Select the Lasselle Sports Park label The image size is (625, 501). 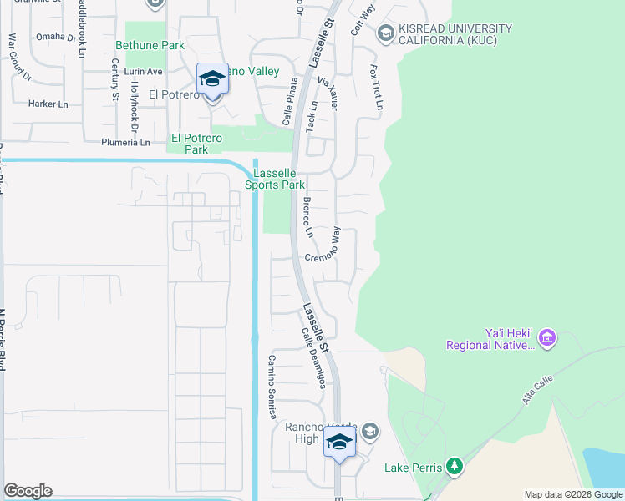click(279, 179)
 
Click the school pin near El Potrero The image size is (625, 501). click(212, 81)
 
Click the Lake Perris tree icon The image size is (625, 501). click(454, 467)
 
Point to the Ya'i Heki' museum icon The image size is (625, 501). click(547, 337)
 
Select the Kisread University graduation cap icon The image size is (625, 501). click(385, 33)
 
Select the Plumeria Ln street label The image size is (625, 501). click(124, 143)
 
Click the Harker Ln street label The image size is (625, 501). click(48, 104)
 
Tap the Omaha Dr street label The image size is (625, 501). click(54, 37)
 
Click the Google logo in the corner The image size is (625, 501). click(28, 491)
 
